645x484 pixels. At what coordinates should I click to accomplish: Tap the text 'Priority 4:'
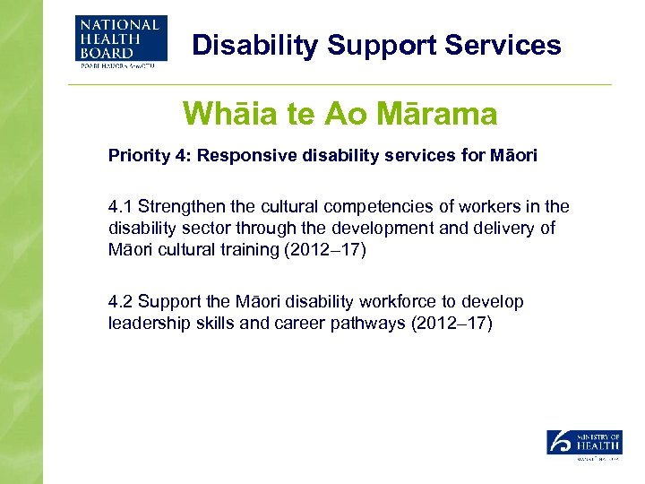coord(149,156)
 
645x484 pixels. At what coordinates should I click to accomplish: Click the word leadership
coord(148,324)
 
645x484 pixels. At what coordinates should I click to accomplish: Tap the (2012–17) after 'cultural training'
coord(324,250)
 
